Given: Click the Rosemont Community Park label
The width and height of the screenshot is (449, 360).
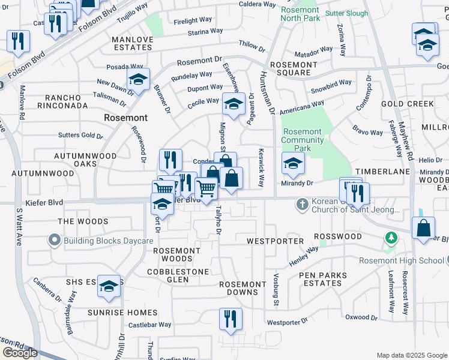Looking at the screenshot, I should [303, 140].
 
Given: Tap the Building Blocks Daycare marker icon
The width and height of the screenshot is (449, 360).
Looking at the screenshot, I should [55, 241].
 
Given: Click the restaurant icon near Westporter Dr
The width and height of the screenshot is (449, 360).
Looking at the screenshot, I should [230, 319].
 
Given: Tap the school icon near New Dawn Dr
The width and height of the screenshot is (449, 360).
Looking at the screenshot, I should [138, 79].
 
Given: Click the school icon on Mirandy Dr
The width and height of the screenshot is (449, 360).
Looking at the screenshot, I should [292, 163].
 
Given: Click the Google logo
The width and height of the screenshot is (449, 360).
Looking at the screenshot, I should [20, 353].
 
